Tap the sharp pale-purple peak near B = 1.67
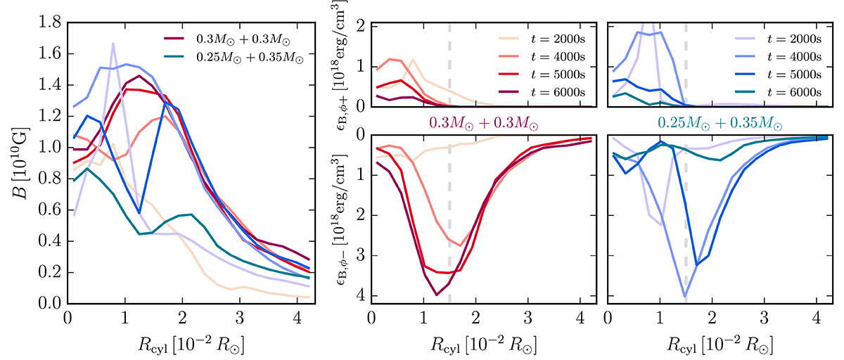113,44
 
